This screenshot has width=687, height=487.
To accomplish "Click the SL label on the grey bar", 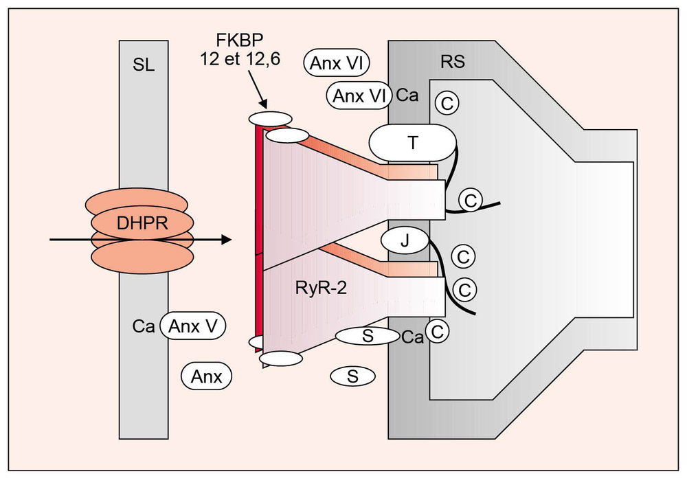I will point(143,65).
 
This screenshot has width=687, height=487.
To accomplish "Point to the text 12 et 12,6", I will point(235,60).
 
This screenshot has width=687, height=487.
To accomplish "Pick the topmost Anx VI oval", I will point(337,63).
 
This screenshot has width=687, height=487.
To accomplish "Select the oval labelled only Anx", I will point(207,376).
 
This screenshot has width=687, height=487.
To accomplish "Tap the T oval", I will point(412,142).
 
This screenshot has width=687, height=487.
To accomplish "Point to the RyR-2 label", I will point(317,289).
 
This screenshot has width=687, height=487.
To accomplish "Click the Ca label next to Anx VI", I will point(407,95).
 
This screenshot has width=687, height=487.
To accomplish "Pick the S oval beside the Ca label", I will point(368,336).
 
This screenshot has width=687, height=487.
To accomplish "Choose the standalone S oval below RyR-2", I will point(352,376).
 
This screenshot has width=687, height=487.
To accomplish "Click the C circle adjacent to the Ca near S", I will point(437,331).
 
